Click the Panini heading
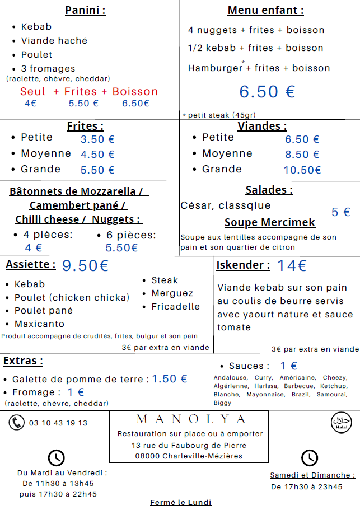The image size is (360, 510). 85,10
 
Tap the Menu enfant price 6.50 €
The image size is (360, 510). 267,92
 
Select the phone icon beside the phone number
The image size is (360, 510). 16,422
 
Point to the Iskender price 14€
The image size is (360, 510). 292,265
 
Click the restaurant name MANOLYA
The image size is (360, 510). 191,419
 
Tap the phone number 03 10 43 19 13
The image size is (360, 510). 58,423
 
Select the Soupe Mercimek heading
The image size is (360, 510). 270,222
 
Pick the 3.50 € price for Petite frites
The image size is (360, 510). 97,140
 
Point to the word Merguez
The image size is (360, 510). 172,293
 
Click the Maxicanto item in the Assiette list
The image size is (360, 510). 39,324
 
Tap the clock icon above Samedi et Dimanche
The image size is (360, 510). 310,457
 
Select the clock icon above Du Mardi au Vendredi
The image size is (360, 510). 57,457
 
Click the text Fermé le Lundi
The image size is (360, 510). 180,502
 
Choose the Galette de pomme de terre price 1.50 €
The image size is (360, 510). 170,379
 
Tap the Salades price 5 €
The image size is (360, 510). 340,212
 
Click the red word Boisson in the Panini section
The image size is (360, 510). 135,92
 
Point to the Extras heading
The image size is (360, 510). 23,361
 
